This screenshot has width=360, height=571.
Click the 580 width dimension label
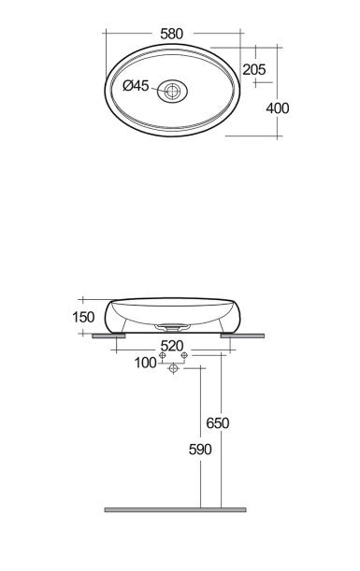(172, 34)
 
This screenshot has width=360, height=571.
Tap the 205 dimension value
(254, 69)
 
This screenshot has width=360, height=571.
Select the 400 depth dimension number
(278, 108)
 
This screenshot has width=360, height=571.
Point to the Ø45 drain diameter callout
(136, 86)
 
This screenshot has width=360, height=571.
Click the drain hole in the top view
(172, 91)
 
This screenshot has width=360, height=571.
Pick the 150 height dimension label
(83, 317)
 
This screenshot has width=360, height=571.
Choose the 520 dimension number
(172, 346)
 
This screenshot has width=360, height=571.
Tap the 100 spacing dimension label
(145, 363)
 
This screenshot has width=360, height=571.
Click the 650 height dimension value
(218, 423)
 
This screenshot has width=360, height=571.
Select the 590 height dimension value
(200, 450)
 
